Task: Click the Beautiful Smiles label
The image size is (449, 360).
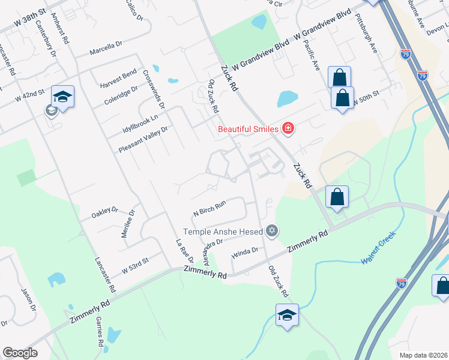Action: (248, 129)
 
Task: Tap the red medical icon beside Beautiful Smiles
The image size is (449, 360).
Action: (288, 128)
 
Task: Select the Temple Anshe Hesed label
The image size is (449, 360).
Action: (223, 231)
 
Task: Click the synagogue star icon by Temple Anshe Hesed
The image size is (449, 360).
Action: (272, 230)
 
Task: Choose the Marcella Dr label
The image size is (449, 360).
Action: (106, 49)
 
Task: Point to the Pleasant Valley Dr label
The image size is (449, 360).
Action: (143, 139)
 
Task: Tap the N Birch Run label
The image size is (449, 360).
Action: (209, 208)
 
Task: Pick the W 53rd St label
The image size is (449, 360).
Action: (134, 265)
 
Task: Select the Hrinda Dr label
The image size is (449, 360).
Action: (244, 252)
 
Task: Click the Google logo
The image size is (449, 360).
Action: (20, 353)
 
